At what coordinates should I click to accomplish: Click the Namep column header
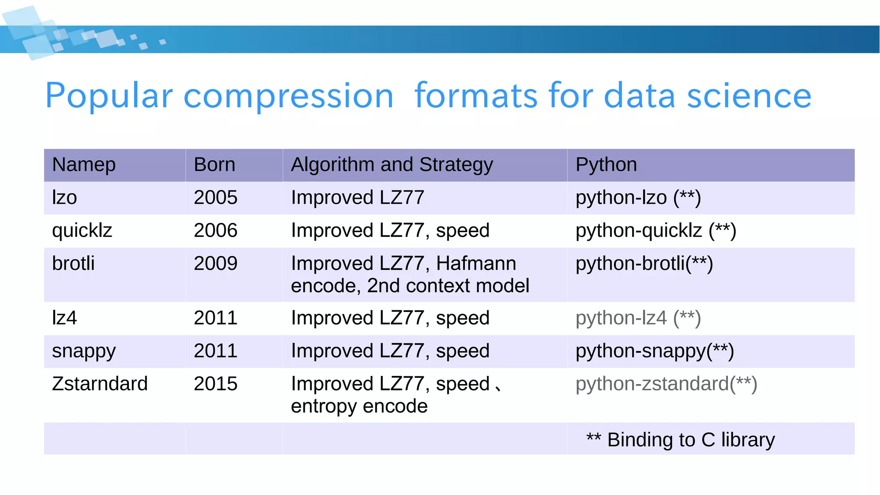[x=84, y=165]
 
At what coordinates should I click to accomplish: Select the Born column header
[x=214, y=165]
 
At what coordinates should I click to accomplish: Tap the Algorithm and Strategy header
[x=391, y=165]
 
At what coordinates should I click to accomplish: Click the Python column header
[x=606, y=165]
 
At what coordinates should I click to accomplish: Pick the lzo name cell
[x=64, y=198]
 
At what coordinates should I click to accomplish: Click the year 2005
[x=215, y=198]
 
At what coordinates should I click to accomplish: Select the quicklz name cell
[x=82, y=231]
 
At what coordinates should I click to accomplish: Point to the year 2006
[x=215, y=231]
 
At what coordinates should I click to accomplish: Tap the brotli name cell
[x=73, y=263]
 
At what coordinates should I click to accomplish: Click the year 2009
[x=215, y=263]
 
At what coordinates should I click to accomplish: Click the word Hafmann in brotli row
[x=476, y=263]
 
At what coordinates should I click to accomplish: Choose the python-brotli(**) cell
[x=644, y=263]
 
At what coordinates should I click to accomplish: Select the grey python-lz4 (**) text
[x=638, y=318]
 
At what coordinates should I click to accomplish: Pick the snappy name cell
[x=84, y=351]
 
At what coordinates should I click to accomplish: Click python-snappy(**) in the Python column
[x=654, y=351]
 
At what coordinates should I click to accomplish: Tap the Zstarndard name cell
[x=100, y=384]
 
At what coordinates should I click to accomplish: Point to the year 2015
[x=215, y=384]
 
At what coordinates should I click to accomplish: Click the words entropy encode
[x=359, y=406]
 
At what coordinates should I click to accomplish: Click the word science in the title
[x=749, y=96]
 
